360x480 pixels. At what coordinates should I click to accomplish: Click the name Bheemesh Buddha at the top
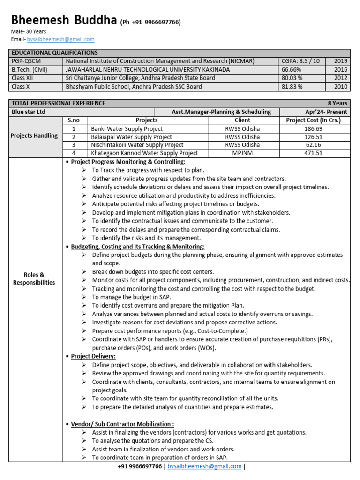(x=64, y=21)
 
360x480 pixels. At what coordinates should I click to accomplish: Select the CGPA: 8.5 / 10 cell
(x=300, y=61)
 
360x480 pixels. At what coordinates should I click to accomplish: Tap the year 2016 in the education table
(x=341, y=69)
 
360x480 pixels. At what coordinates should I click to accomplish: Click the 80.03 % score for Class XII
(x=292, y=78)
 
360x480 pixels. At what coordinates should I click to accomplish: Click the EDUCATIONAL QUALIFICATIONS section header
(x=55, y=53)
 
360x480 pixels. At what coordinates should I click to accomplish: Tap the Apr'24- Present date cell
(x=326, y=112)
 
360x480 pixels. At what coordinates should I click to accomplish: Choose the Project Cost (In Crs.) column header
(x=313, y=120)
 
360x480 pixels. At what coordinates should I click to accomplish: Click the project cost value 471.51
(x=313, y=153)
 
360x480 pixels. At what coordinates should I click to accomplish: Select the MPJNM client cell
(x=242, y=153)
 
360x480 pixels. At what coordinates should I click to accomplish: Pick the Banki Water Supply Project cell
(x=127, y=128)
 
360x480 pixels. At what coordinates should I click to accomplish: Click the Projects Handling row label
(x=35, y=136)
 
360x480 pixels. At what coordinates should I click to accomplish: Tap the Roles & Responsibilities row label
(x=34, y=278)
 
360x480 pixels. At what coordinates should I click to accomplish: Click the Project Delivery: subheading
(x=93, y=356)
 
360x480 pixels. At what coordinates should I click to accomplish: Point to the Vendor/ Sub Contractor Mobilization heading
(x=122, y=424)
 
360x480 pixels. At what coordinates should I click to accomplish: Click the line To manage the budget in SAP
(x=131, y=297)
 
